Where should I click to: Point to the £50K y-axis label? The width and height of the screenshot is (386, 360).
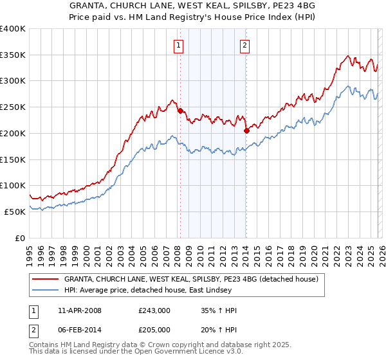point(15,212)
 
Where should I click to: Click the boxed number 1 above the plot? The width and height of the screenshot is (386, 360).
point(178,45)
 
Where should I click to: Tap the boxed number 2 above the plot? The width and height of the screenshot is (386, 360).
point(245,45)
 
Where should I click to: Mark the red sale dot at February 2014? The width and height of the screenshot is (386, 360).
point(246,131)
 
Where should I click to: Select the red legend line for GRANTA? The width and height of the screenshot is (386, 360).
point(46,280)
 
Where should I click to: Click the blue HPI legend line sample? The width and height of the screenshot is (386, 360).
point(46,291)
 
